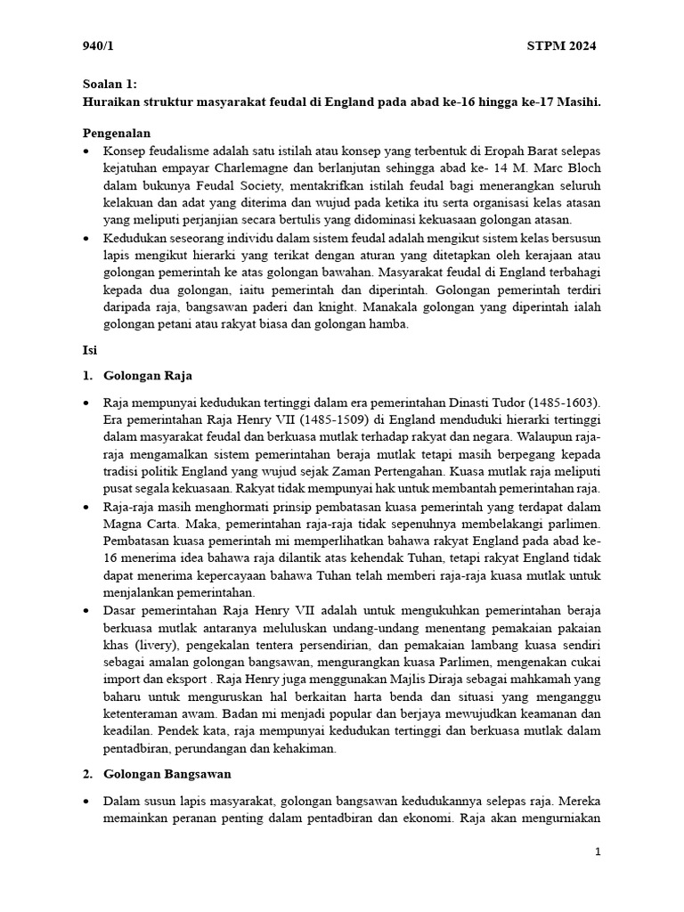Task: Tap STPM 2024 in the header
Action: [561, 46]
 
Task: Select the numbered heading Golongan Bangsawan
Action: [167, 774]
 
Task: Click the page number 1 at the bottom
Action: [598, 852]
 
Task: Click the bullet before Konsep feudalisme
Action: [85, 151]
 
